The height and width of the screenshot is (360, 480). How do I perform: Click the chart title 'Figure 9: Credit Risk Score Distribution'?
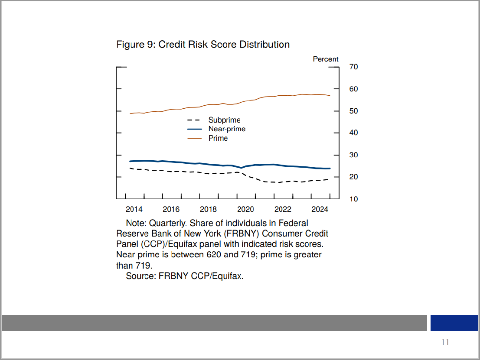pyautogui.click(x=203, y=45)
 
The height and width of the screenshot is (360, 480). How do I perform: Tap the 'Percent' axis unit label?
pyautogui.click(x=326, y=59)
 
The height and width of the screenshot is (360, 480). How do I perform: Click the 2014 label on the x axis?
pyautogui.click(x=134, y=209)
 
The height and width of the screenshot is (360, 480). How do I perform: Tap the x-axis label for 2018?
pyautogui.click(x=208, y=209)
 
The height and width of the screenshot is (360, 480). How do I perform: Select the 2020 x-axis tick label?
pyautogui.click(x=245, y=209)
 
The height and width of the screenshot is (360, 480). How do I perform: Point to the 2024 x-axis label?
pyautogui.click(x=320, y=209)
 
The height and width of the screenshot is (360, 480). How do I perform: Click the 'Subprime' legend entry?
pyautogui.click(x=224, y=120)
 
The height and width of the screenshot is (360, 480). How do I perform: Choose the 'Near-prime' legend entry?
pyautogui.click(x=227, y=129)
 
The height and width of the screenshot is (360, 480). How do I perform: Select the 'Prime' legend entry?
pyautogui.click(x=218, y=138)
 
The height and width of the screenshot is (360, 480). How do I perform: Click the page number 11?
pyautogui.click(x=445, y=343)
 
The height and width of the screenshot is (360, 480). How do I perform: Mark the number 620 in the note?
pyautogui.click(x=213, y=255)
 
